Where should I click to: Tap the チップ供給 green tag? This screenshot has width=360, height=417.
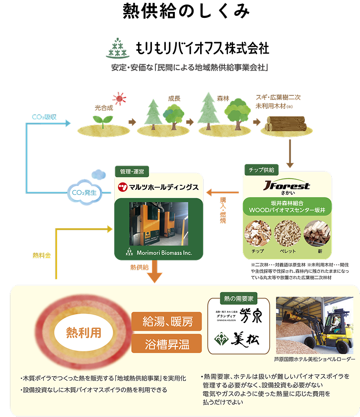(x=263, y=169)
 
